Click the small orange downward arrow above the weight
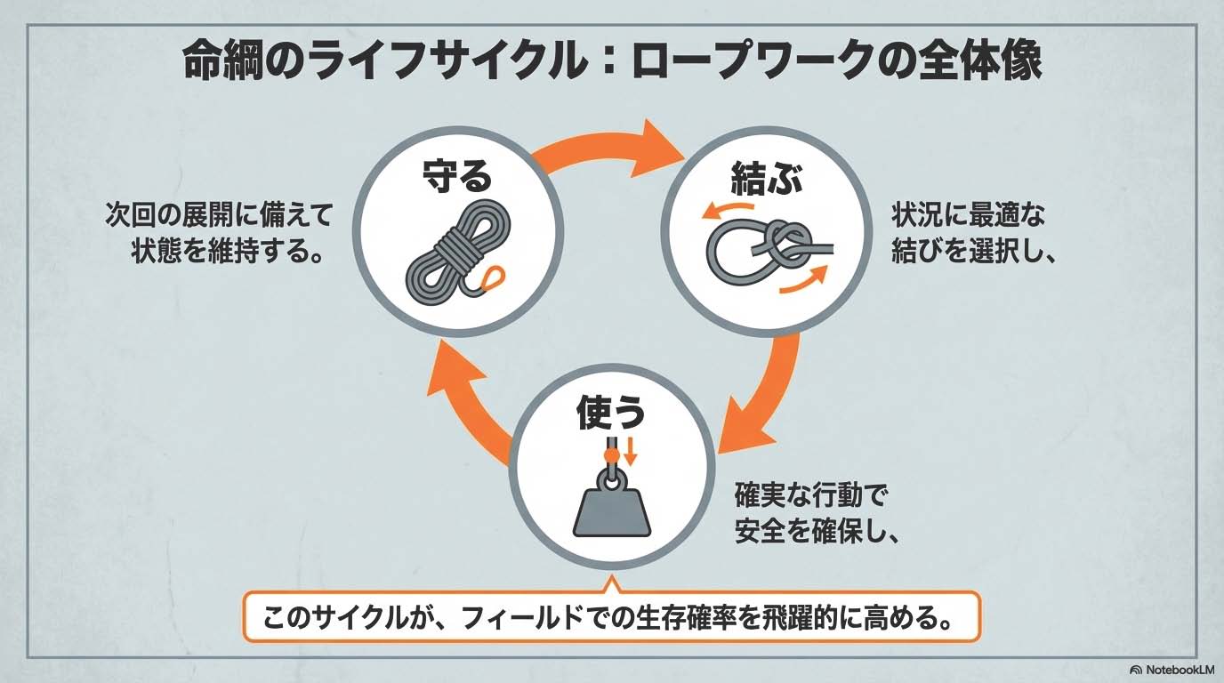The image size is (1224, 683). pyautogui.click(x=631, y=451)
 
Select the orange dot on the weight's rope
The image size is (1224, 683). pyautogui.click(x=610, y=455)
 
